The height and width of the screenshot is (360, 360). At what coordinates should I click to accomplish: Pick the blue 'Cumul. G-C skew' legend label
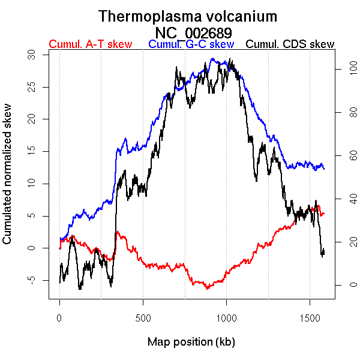click(191, 44)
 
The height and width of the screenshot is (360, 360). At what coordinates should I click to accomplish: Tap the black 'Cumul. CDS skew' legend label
click(290, 44)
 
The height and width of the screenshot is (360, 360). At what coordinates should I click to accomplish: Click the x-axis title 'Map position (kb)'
click(191, 342)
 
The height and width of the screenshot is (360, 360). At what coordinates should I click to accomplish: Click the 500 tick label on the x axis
click(143, 316)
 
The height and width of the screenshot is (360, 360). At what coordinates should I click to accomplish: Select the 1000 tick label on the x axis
click(226, 316)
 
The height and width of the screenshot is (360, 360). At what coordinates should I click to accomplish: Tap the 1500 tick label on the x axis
click(310, 316)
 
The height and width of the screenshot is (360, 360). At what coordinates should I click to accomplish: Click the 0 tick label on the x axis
click(59, 316)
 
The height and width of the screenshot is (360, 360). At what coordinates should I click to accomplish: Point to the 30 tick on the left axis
click(33, 55)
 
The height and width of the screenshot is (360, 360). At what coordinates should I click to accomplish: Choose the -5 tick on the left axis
click(33, 280)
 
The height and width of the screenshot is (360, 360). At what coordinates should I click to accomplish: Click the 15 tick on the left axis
click(33, 151)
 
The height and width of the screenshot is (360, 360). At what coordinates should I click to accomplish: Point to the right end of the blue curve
click(324, 169)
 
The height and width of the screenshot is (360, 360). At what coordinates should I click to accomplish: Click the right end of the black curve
click(324, 251)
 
